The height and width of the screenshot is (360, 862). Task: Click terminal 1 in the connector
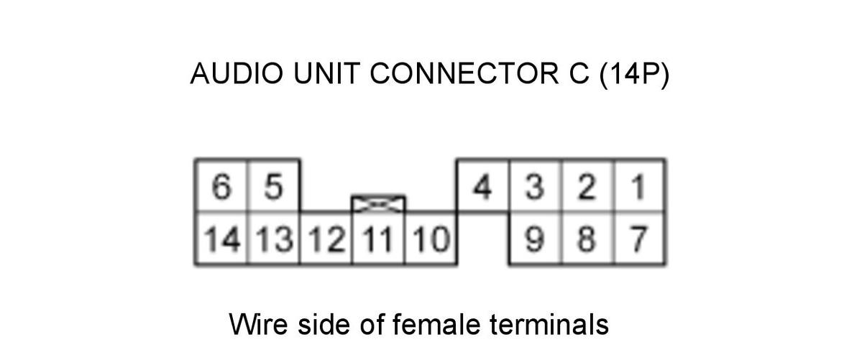pos(641,186)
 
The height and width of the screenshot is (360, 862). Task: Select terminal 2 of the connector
pos(588,186)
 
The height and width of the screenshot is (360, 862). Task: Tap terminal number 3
pos(536,186)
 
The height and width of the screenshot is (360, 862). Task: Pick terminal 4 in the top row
pos(483,186)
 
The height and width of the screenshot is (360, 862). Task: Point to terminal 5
pos(274,186)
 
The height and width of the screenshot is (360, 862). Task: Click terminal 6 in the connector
pos(221,186)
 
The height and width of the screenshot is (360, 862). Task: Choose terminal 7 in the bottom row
pos(641,239)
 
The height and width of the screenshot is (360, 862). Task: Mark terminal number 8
pos(588,239)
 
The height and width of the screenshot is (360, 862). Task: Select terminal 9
pos(536,239)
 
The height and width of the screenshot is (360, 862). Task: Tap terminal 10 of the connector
pos(431,239)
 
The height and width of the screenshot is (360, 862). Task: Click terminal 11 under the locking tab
pos(379,239)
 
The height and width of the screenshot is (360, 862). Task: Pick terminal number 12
pos(326,239)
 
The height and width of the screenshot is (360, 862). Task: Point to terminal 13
pos(274,239)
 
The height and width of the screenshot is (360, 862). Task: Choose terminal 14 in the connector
pos(221,239)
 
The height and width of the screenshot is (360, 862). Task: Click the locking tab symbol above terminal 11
pos(379,204)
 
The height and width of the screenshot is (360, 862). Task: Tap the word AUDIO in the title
pos(237,73)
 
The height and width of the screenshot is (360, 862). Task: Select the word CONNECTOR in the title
pos(459,73)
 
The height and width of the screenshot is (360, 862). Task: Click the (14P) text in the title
pos(633,73)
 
